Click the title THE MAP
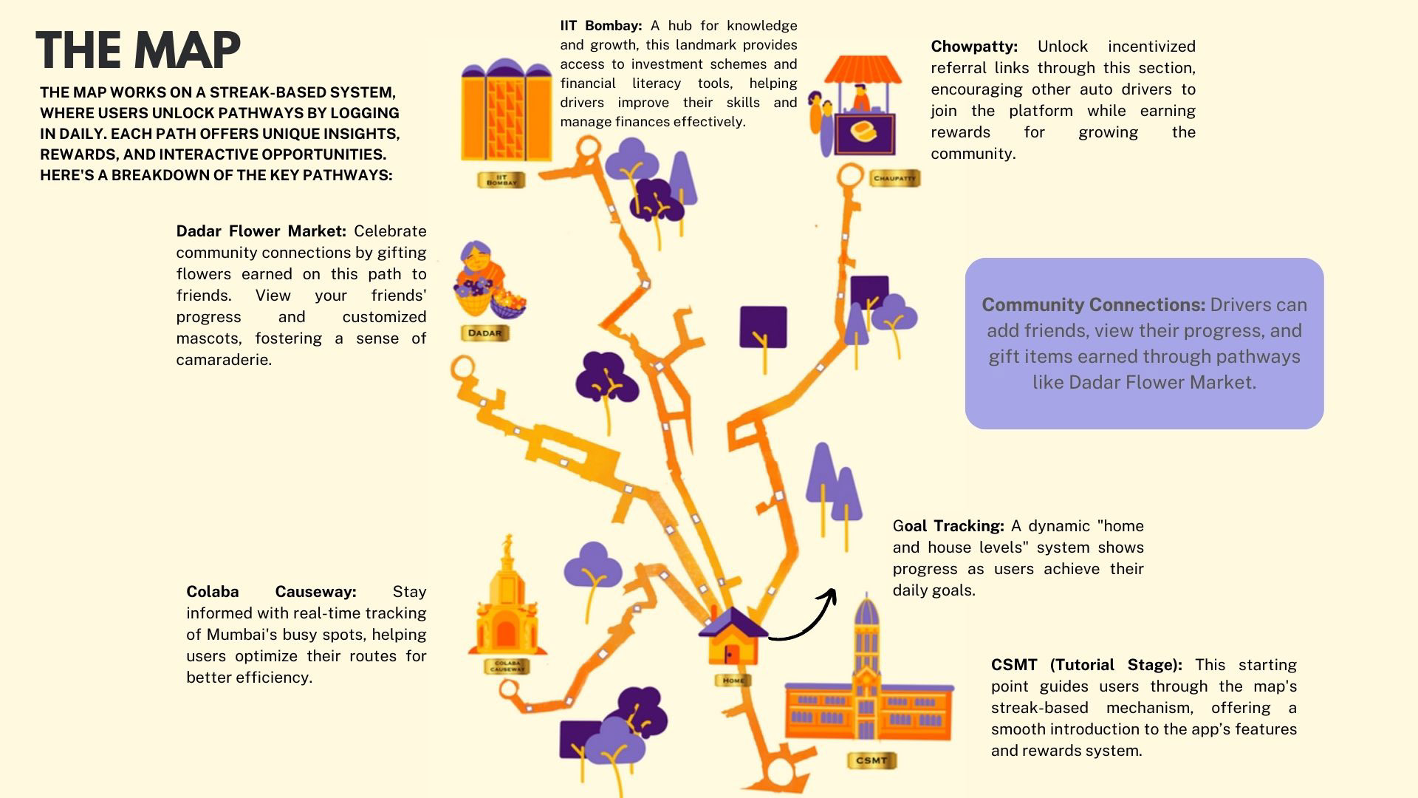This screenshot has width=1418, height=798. click(x=138, y=50)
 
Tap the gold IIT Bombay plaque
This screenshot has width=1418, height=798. click(x=501, y=180)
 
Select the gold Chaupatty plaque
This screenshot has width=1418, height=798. click(x=894, y=178)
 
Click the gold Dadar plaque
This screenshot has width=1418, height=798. click(x=484, y=332)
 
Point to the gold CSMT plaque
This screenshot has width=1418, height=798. click(x=871, y=760)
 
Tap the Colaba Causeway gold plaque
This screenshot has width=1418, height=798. click(x=507, y=665)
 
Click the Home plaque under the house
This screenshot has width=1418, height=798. click(x=733, y=680)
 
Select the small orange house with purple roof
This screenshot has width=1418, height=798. click(x=733, y=638)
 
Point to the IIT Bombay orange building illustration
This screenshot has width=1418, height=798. click(x=506, y=111)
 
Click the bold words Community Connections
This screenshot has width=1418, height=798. click(x=1093, y=305)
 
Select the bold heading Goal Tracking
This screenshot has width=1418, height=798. click(x=948, y=526)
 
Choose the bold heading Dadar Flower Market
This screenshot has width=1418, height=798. click(x=261, y=231)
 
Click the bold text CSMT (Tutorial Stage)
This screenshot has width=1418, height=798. click(x=1086, y=665)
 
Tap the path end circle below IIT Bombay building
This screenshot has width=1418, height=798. click(x=588, y=148)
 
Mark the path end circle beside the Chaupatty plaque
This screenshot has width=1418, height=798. click(x=850, y=176)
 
